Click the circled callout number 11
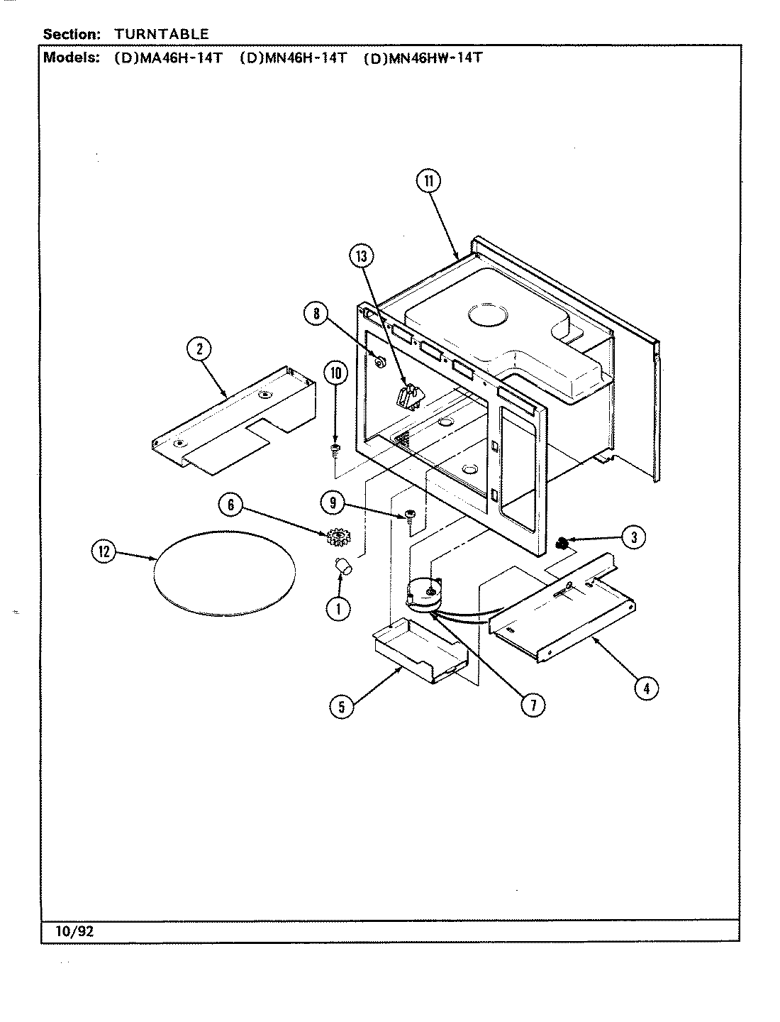coord(428,182)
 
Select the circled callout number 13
coord(362,256)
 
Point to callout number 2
coord(199,348)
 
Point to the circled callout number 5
coord(342,706)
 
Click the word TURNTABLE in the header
coord(162,33)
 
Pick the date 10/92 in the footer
coord(74,931)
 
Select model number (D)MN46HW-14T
coord(423,58)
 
